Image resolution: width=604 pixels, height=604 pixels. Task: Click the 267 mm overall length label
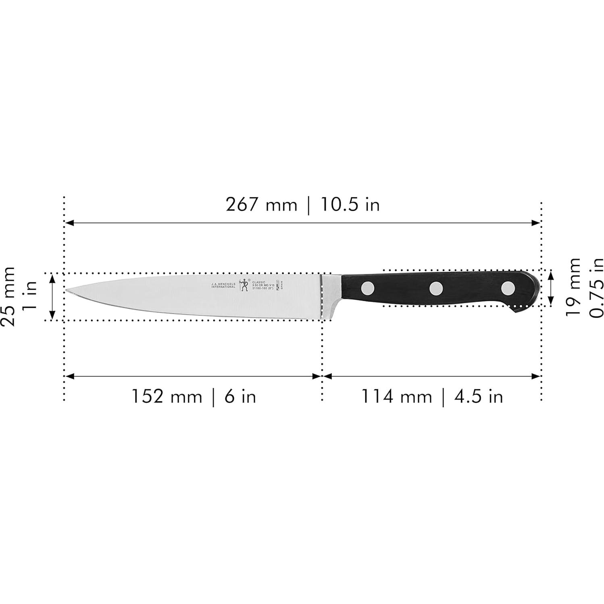click(261, 205)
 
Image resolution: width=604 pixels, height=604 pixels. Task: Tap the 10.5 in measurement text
click(350, 205)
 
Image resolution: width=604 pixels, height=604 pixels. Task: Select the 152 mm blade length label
click(167, 396)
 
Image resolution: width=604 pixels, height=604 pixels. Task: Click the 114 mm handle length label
click(396, 396)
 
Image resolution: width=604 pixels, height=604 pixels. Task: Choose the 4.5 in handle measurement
click(479, 396)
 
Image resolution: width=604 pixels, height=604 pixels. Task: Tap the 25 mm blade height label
click(9, 296)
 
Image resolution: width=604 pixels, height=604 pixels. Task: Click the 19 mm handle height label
click(573, 287)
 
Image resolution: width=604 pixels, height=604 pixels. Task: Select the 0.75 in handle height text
click(596, 287)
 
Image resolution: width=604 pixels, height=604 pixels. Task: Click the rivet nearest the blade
click(368, 288)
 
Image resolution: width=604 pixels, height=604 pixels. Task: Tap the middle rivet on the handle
click(436, 288)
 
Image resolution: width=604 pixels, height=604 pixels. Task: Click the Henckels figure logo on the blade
click(243, 285)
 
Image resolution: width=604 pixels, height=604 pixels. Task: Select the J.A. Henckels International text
click(223, 285)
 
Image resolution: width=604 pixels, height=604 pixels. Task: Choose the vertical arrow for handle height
click(551, 288)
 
